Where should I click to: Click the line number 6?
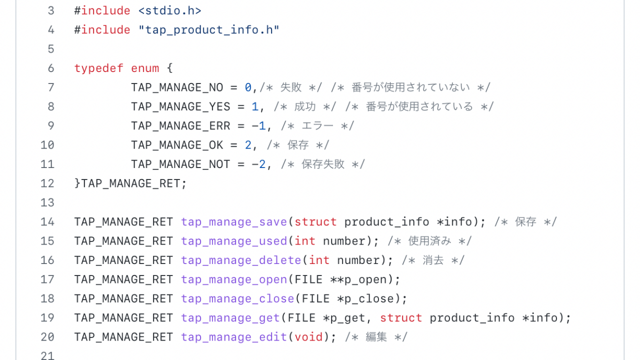pos(50,68)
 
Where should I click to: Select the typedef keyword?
pos(99,68)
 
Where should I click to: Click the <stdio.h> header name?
pos(170,10)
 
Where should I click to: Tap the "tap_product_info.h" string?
pos(209,30)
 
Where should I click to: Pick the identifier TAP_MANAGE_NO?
pos(177,87)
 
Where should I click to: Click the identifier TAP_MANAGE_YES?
pos(180,106)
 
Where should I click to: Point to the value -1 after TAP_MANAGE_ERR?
pos(258,126)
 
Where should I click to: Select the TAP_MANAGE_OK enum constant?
pos(177,145)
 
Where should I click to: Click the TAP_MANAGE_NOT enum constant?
pos(180,164)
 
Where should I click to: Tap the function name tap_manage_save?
pos(234,222)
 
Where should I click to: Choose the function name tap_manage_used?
pos(234,241)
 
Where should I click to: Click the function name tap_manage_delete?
pos(241,260)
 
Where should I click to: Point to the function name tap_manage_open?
pos(234,279)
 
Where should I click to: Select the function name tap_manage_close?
pos(237,299)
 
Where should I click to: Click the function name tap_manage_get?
pos(230,318)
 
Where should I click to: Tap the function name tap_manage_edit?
pos(234,337)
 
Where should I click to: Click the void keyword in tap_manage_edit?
pos(308,337)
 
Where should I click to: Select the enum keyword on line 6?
pos(145,68)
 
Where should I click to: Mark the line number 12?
pos(47,183)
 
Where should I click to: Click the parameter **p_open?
pos(362,279)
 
